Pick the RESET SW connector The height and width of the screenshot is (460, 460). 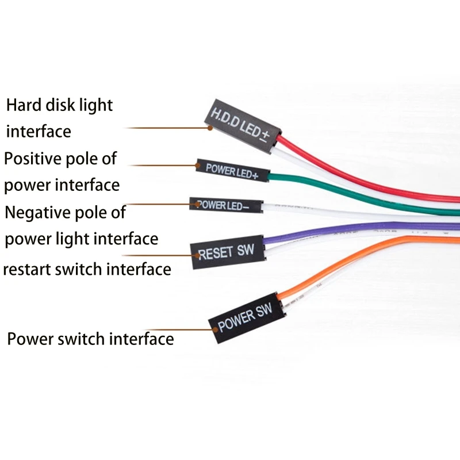coord(227,251)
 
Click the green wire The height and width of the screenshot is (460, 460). coord(345,190)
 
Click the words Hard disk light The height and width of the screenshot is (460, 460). coord(60,106)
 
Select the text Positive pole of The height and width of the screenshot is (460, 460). coord(60,158)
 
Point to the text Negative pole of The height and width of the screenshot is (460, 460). coord(65,212)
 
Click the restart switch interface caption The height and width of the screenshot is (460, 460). coord(87,269)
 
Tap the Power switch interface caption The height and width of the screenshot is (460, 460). coord(90,339)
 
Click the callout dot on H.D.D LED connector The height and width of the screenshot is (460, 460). coord(210,128)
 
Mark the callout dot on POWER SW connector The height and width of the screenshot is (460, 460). coord(215,330)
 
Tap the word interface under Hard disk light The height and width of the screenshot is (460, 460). coord(39,132)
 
